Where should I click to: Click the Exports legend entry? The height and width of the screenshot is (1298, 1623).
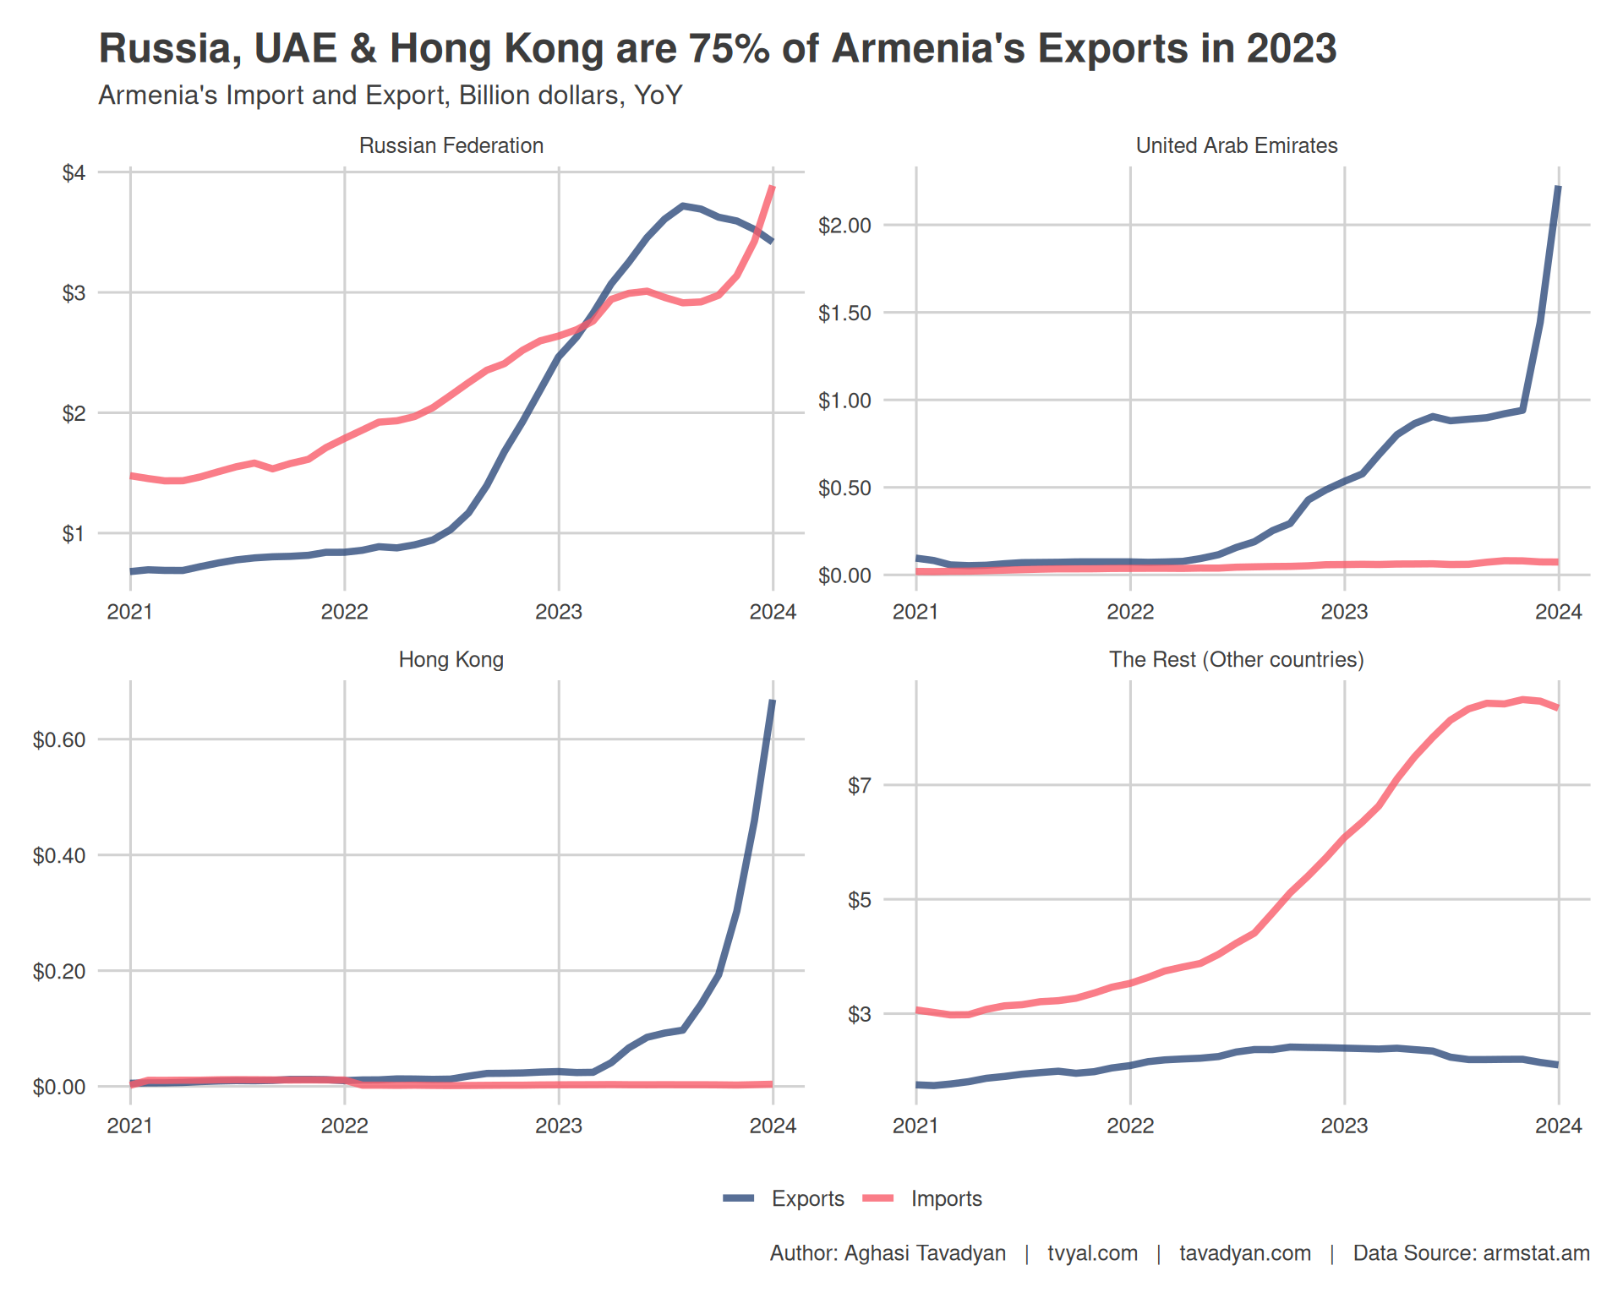click(806, 1198)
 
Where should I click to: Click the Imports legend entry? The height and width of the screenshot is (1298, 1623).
click(945, 1198)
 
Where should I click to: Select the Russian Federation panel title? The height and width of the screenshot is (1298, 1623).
click(451, 145)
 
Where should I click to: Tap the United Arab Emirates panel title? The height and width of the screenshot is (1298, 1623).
click(1236, 145)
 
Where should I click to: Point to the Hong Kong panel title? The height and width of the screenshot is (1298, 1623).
click(451, 659)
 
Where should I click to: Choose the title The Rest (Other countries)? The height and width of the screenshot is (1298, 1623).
click(1236, 659)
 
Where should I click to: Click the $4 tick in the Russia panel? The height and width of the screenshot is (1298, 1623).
click(74, 173)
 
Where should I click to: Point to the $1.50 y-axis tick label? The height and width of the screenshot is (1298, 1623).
click(844, 314)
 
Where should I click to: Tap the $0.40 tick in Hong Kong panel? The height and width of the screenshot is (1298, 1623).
click(59, 856)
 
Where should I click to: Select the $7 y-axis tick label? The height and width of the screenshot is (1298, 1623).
click(859, 786)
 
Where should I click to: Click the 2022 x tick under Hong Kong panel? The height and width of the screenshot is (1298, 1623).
click(344, 1126)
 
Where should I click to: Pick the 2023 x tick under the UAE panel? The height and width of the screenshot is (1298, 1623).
click(1344, 612)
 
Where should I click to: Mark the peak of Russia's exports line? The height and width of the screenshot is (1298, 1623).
click(683, 205)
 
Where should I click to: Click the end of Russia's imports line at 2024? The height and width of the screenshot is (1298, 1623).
click(773, 187)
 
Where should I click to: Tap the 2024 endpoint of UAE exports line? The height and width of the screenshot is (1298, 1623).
click(1558, 188)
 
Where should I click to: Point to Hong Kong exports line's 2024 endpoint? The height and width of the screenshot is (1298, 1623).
click(773, 701)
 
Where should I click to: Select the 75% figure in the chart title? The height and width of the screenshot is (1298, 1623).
click(725, 48)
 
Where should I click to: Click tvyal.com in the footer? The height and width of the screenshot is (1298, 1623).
click(1092, 1253)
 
